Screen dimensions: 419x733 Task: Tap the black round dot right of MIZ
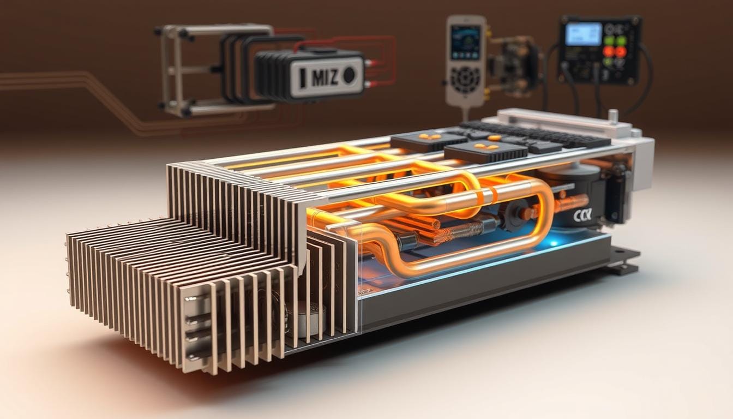click(349, 75)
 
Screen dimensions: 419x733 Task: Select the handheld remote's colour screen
click(465, 41)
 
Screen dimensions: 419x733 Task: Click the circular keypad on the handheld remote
click(465, 80)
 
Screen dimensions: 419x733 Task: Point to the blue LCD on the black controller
click(583, 34)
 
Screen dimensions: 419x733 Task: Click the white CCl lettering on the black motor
click(582, 216)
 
